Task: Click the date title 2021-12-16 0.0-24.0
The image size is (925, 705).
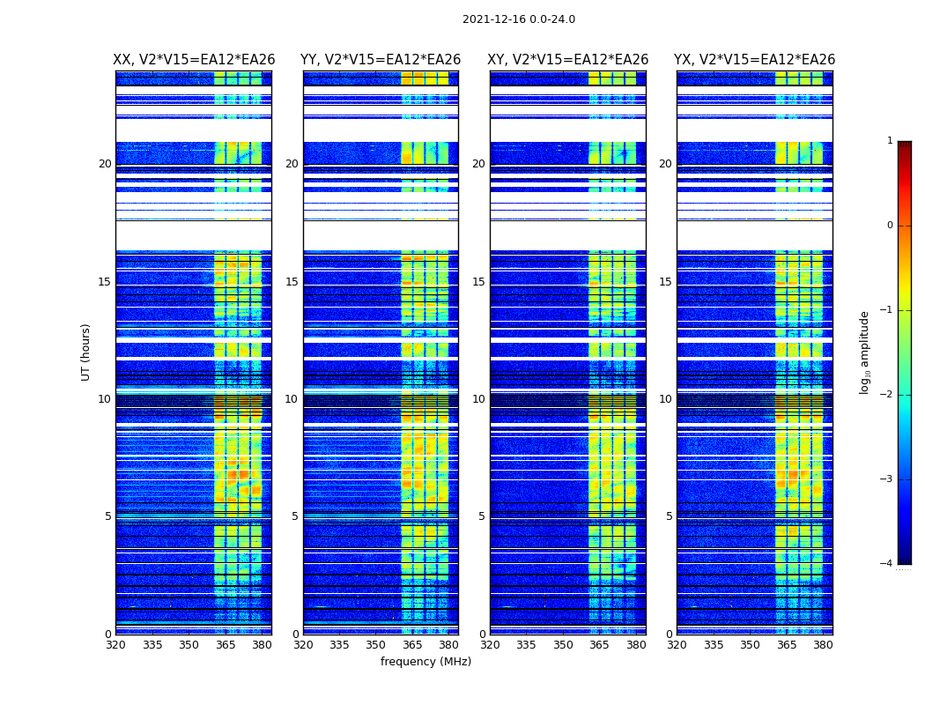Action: (518, 19)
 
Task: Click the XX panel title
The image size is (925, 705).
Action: (194, 60)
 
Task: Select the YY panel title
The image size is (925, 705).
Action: (381, 60)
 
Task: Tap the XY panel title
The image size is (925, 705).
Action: (568, 60)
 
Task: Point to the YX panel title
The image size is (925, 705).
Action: (754, 60)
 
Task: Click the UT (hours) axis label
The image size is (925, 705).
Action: (86, 352)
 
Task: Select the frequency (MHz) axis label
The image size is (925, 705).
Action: (425, 662)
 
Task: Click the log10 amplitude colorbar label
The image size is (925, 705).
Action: (865, 352)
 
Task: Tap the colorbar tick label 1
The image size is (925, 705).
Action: (890, 141)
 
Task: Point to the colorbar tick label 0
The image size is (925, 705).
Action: (890, 226)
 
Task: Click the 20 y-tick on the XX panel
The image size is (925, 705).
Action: (105, 164)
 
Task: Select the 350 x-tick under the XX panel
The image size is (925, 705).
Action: (189, 645)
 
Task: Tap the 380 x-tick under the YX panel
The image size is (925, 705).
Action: (823, 645)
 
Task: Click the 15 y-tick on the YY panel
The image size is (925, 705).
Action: (292, 282)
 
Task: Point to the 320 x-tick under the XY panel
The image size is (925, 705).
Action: (490, 645)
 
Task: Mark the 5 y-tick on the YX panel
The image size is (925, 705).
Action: (669, 516)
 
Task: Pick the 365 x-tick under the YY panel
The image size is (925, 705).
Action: (412, 645)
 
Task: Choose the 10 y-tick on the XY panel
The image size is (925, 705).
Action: (478, 399)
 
